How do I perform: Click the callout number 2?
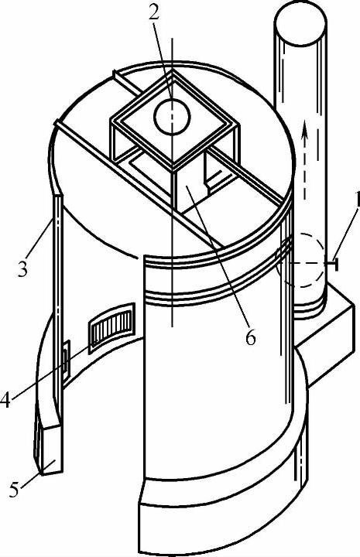pyautogui.click(x=153, y=13)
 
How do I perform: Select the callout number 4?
pyautogui.click(x=5, y=400)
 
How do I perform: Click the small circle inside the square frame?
pyautogui.click(x=172, y=117)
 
